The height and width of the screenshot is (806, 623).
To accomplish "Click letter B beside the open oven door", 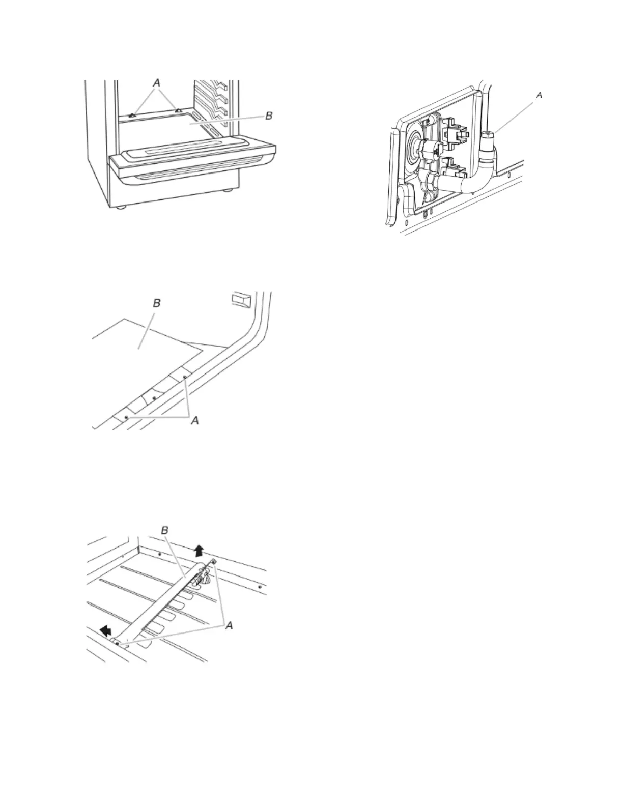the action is pos(270,116).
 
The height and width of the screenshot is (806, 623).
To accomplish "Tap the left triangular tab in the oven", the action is pos(132,115).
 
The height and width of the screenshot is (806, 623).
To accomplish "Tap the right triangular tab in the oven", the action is pos(177,109).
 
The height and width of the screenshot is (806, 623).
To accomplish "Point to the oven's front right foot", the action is pos(226,191).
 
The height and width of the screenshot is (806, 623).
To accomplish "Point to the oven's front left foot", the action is pos(121,208).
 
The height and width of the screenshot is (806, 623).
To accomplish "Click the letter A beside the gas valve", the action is pos(540,95).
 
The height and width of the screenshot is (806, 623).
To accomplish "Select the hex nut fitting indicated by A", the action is pos(488,137).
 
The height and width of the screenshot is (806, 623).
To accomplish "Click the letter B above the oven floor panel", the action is pos(157,303).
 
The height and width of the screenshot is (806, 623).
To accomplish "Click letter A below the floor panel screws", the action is pos(194,420).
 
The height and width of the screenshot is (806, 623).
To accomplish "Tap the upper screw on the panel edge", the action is pos(184,378).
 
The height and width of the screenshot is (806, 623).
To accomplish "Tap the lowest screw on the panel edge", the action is pos(126,417).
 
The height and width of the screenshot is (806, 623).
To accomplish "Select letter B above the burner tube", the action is pos(164,530).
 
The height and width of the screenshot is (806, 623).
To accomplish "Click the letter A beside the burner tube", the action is pos(229,625).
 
